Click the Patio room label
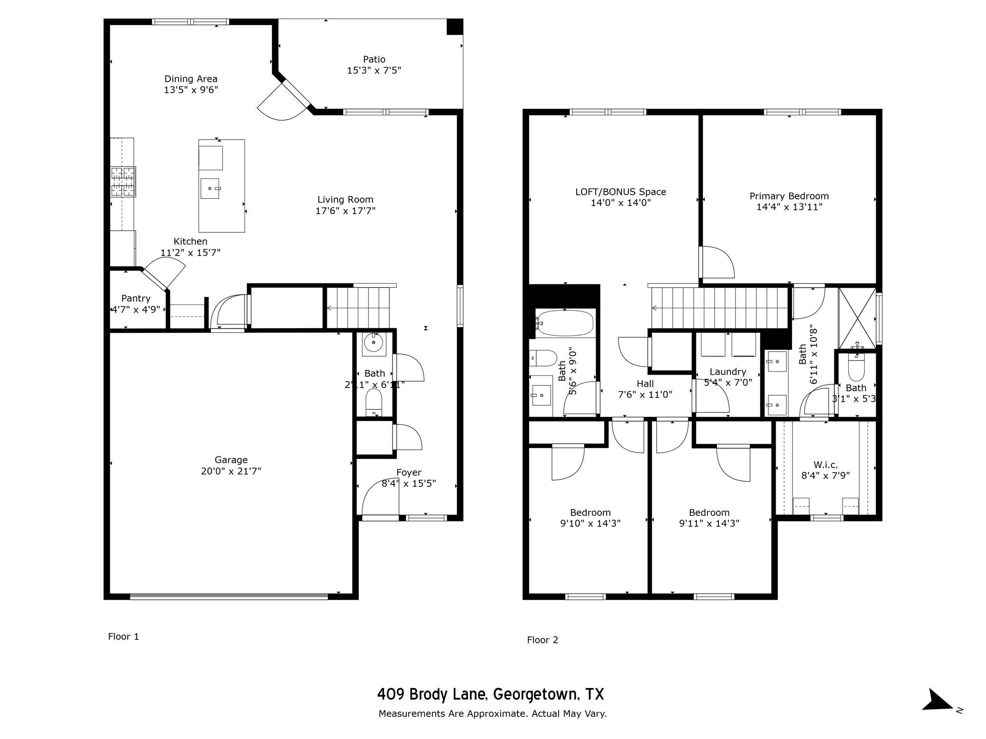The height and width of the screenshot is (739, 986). [x=374, y=59]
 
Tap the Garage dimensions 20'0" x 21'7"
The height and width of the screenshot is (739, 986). [x=231, y=471]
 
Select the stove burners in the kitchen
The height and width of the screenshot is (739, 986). [x=123, y=181]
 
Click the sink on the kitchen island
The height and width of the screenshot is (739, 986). [x=210, y=188]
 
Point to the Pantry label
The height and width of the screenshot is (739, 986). [x=136, y=298]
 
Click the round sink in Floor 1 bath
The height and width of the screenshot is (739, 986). [x=373, y=343]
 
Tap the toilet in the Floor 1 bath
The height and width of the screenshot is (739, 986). [x=374, y=401]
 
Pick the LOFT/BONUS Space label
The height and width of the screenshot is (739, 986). [x=621, y=192]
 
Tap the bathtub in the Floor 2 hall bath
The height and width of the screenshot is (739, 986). [x=565, y=322]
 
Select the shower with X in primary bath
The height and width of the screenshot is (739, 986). [x=857, y=318]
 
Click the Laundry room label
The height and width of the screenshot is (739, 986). [x=727, y=371]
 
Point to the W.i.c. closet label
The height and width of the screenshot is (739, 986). [x=825, y=465]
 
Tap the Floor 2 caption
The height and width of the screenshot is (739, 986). [x=542, y=640]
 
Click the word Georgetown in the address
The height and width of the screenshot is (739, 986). [x=535, y=694]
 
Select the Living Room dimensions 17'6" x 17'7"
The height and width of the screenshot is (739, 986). [x=345, y=211]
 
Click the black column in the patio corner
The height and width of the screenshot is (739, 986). [x=454, y=26]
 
